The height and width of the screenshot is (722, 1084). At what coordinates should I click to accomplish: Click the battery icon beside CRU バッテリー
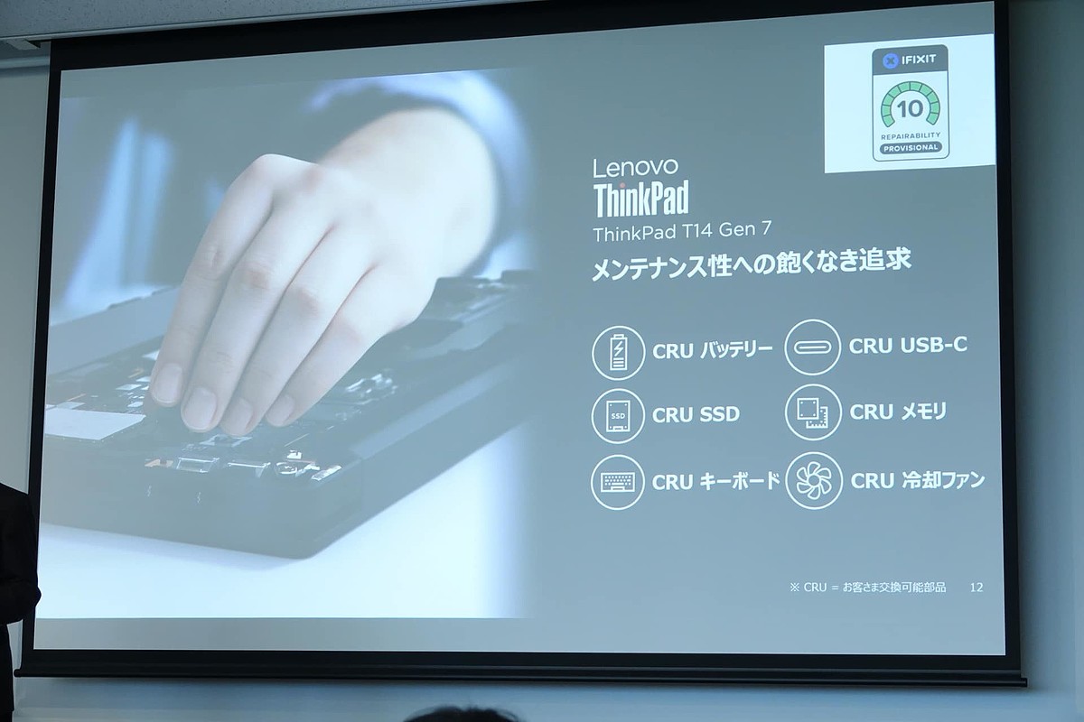pyautogui.click(x=618, y=353)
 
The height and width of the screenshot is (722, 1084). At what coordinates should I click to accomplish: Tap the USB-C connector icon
pyautogui.click(x=812, y=347)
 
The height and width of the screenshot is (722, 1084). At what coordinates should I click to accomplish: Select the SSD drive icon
pyautogui.click(x=618, y=416)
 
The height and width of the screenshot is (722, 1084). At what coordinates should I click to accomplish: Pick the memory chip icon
pyautogui.click(x=812, y=412)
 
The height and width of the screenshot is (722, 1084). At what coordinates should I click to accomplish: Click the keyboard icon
pyautogui.click(x=618, y=482)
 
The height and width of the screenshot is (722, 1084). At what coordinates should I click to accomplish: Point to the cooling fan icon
pyautogui.click(x=815, y=481)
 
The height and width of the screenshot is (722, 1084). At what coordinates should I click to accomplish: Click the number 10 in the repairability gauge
pyautogui.click(x=910, y=109)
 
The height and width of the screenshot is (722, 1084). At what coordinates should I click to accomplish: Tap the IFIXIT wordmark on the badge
pyautogui.click(x=919, y=60)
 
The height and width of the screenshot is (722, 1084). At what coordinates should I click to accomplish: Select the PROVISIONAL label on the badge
pyautogui.click(x=910, y=148)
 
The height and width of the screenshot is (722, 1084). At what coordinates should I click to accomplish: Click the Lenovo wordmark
pyautogui.click(x=635, y=167)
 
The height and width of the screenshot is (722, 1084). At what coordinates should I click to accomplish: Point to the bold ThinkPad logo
pyautogui.click(x=641, y=199)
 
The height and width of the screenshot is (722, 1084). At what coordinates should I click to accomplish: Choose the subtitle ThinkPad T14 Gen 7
pyautogui.click(x=682, y=231)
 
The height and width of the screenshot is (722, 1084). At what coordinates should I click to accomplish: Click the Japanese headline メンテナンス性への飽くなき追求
pyautogui.click(x=752, y=264)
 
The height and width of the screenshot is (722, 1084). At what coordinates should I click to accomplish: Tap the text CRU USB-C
pyautogui.click(x=909, y=346)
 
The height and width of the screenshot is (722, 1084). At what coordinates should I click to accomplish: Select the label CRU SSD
pyautogui.click(x=696, y=414)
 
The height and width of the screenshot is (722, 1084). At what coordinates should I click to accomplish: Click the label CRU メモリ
pyautogui.click(x=898, y=412)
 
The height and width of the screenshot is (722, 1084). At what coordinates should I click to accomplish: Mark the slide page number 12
pyautogui.click(x=977, y=588)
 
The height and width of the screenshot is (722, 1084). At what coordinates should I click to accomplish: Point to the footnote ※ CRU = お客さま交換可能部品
pyautogui.click(x=868, y=588)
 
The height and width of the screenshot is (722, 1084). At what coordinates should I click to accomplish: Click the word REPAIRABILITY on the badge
pyautogui.click(x=911, y=135)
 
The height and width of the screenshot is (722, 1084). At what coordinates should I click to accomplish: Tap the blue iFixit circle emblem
pyautogui.click(x=891, y=61)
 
